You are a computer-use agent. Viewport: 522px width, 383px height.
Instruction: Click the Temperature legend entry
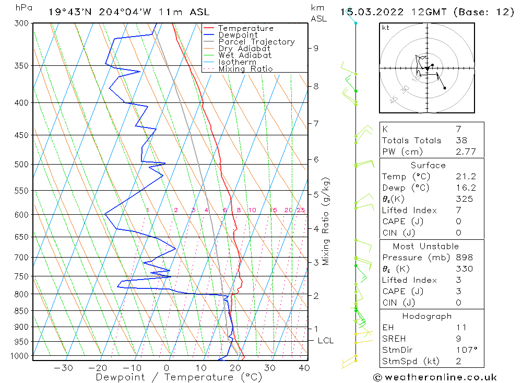coord(245,28)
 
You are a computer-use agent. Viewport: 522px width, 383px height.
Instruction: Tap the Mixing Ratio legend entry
coord(245,68)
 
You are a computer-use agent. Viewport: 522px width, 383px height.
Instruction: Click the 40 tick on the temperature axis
coord(304,368)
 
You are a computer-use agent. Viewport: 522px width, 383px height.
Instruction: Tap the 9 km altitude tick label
coord(316,48)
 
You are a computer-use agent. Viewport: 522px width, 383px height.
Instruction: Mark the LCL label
coord(325,341)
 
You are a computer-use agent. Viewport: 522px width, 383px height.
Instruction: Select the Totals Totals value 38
coord(461,141)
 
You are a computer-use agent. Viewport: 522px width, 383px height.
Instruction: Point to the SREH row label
coord(394,339)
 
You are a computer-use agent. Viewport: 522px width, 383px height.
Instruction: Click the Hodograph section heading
coord(428,316)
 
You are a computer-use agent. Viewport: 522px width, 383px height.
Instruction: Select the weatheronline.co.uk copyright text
coord(435,377)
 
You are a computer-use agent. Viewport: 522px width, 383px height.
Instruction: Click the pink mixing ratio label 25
coord(300,210)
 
